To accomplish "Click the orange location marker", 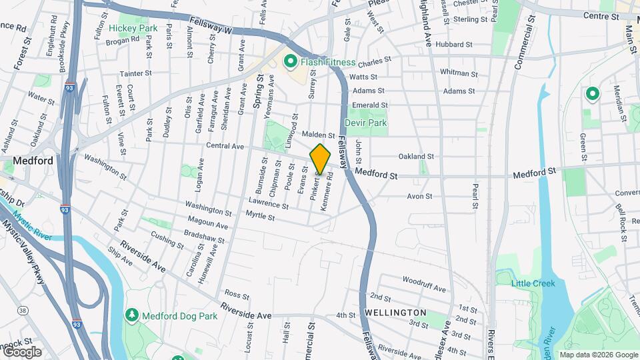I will [x=320, y=159].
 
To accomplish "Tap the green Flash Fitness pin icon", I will [x=290, y=62].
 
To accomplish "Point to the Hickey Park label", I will [x=133, y=28].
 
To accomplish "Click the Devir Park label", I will [x=365, y=123].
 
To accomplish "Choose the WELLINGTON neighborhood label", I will [x=395, y=312].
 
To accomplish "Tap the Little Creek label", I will [x=533, y=283].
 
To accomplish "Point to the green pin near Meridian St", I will [x=591, y=95].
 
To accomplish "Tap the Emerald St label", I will [x=370, y=105].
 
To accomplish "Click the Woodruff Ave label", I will [x=423, y=288].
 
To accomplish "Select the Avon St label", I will [x=420, y=197].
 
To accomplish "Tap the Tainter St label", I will [x=136, y=73].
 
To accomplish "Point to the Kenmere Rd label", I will [x=327, y=193].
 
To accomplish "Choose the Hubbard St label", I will [x=453, y=45].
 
